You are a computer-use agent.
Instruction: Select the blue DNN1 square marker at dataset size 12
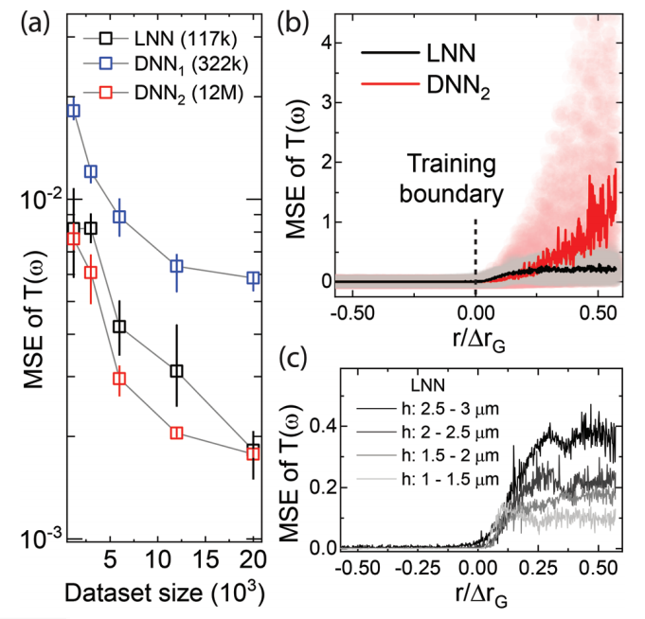tap(176, 267)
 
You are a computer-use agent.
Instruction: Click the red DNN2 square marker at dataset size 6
tap(119, 380)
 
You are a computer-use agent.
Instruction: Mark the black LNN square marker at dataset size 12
tap(176, 371)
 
